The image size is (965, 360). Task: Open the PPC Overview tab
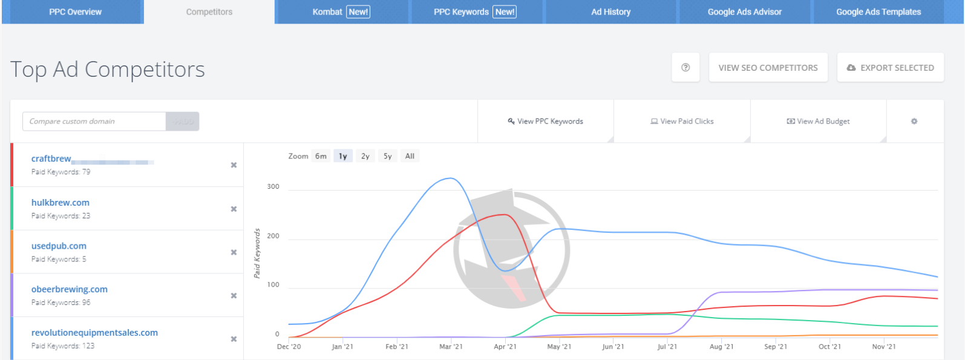click(x=75, y=12)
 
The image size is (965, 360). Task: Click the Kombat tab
click(x=341, y=12)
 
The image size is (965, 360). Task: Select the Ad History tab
click(x=610, y=12)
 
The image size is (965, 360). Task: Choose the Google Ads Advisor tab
click(x=744, y=12)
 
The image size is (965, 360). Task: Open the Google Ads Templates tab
click(x=878, y=12)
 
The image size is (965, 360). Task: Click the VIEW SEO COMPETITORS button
click(x=768, y=68)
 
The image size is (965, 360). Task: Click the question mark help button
click(x=685, y=68)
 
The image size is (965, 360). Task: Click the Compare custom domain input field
click(x=94, y=122)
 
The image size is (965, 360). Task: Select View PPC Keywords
click(x=546, y=122)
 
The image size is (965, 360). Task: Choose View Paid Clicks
click(x=682, y=122)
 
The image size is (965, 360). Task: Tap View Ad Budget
click(x=818, y=122)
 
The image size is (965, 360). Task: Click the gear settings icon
click(x=914, y=122)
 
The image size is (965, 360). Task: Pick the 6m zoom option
click(x=321, y=156)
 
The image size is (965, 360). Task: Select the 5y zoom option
click(x=387, y=156)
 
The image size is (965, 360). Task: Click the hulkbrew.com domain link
click(x=61, y=203)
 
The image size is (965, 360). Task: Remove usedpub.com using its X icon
click(x=234, y=252)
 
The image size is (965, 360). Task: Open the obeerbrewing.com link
click(x=70, y=289)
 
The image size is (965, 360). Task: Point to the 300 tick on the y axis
click(x=273, y=187)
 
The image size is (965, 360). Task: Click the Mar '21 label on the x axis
click(x=451, y=347)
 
